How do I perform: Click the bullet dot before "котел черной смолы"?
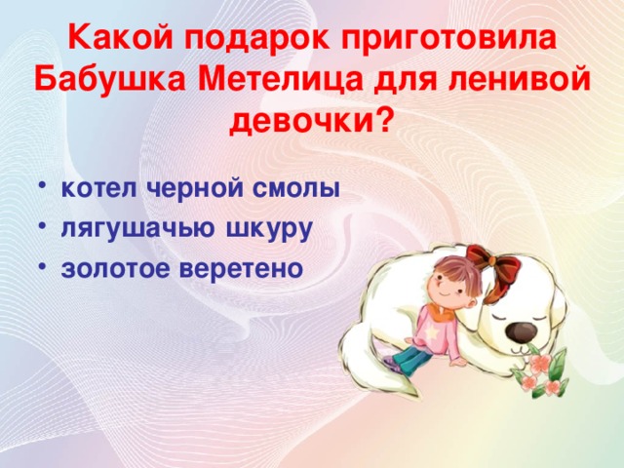tap(46, 187)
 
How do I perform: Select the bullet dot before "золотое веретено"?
tap(46, 265)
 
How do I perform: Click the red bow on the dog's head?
tap(492, 263)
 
